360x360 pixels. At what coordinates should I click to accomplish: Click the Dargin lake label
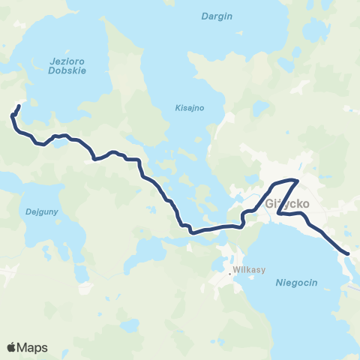coord(217,16)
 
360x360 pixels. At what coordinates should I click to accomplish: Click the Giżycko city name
coord(283,202)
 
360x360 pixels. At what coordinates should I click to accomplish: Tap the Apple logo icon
coord(11,347)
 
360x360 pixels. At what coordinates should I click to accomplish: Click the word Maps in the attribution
coord(33,347)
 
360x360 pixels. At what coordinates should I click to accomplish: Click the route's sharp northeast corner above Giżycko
coord(298,181)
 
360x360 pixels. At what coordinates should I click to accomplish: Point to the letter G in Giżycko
coord(269,202)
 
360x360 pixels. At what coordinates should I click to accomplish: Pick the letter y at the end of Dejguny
coord(44,213)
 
